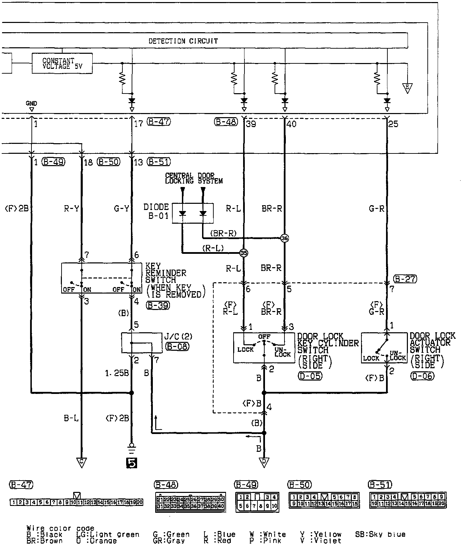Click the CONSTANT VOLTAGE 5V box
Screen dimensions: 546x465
[62, 63]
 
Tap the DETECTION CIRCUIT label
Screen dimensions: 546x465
[183, 41]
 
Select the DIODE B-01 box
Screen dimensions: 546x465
[192, 213]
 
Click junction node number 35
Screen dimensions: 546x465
[243, 253]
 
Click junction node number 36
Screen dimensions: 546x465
[284, 238]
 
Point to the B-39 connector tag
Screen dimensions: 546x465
[158, 306]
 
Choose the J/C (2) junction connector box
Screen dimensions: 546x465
[142, 343]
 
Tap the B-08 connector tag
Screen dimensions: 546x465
[177, 346]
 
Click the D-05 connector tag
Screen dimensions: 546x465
[310, 376]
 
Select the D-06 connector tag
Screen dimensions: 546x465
[422, 376]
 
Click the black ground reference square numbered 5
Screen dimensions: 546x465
[132, 463]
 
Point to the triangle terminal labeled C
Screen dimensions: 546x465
[81, 462]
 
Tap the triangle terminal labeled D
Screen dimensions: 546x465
[264, 462]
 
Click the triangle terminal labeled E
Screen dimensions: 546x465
[407, 88]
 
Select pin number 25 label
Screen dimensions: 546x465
[393, 124]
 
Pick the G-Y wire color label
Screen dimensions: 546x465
[121, 208]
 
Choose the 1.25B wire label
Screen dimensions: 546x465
[117, 373]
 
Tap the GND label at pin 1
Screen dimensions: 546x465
[31, 103]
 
